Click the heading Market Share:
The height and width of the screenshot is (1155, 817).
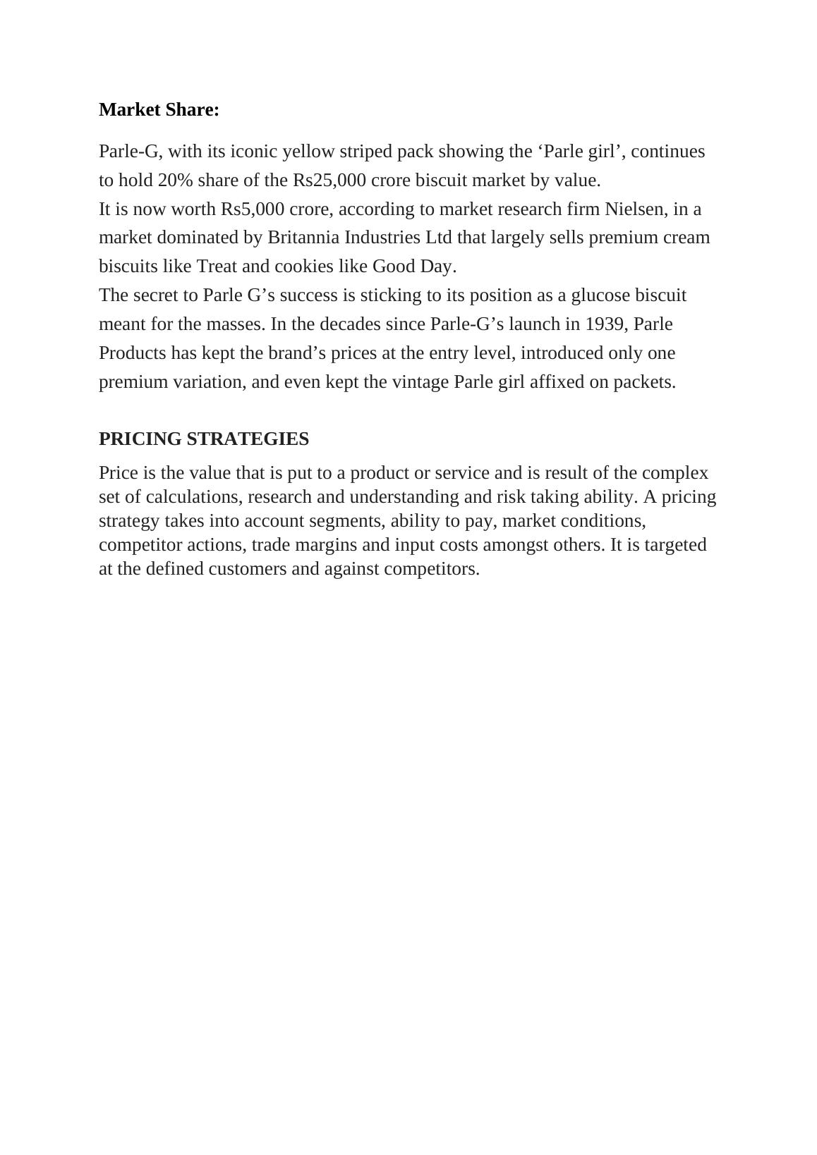pos(159,110)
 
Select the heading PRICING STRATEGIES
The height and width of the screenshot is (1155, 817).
pos(204,439)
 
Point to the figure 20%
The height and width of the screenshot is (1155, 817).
pos(175,181)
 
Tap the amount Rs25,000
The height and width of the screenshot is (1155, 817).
pos(329,181)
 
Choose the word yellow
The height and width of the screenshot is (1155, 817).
pos(308,152)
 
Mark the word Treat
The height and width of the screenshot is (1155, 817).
pos(217,267)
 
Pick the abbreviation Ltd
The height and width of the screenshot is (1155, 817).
pos(438,238)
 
